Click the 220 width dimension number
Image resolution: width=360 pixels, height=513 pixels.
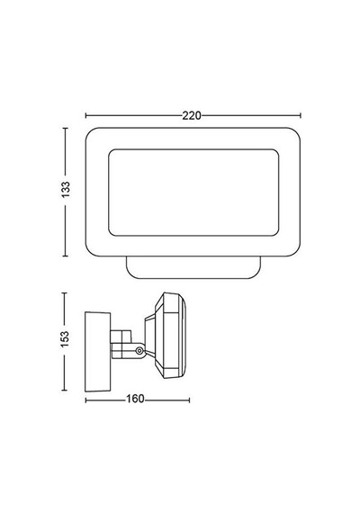tap(192, 115)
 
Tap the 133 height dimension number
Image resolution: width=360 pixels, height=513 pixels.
tap(66, 189)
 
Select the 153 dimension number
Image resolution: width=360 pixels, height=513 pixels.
tap(65, 339)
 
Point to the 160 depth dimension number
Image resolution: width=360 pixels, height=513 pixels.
tap(135, 399)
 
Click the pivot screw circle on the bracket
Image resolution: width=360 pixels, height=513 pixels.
tap(139, 351)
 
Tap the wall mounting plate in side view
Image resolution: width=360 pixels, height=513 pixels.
tap(97, 352)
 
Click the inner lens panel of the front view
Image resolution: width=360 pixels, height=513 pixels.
tap(193, 193)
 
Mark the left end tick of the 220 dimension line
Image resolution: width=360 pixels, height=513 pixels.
tap(85, 115)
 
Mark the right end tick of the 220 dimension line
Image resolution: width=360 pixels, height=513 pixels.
tap(300, 115)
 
